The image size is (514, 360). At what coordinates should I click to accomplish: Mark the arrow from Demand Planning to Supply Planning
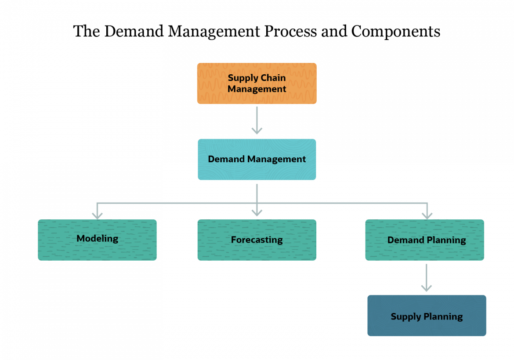pyautogui.click(x=426, y=278)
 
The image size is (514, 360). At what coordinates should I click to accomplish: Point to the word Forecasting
pyautogui.click(x=257, y=240)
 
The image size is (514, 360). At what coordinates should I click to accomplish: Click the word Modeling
pyautogui.click(x=97, y=239)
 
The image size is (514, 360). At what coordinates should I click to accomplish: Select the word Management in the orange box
pyautogui.click(x=257, y=89)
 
